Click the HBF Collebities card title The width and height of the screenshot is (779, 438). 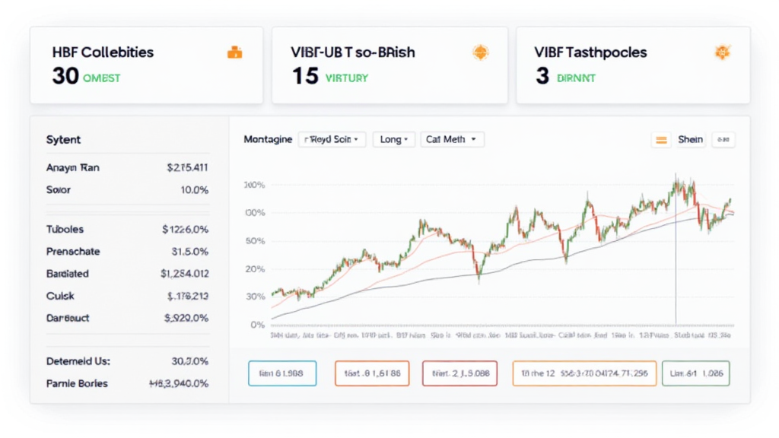[x=103, y=52]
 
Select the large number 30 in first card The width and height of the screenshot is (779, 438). [x=65, y=77]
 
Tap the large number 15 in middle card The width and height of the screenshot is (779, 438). [x=305, y=77]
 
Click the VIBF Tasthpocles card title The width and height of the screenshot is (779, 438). [x=590, y=52]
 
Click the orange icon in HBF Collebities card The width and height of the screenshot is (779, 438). [x=235, y=52]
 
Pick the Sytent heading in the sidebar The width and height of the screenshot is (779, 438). [x=63, y=140]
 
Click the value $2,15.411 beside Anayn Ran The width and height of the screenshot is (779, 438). [x=187, y=167]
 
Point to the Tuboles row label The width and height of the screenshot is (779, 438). [x=65, y=229]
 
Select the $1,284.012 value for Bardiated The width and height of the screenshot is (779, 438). [x=184, y=273]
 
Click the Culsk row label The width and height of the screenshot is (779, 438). [x=60, y=296]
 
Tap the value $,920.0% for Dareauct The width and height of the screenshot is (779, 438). [x=186, y=319]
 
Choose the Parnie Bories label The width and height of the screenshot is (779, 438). [x=77, y=383]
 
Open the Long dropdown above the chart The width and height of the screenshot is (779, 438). [x=394, y=140]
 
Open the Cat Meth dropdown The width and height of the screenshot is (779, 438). [x=452, y=140]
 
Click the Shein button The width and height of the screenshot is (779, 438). [x=690, y=140]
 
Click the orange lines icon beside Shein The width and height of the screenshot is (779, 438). [x=661, y=140]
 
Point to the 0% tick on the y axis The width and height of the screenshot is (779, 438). [x=256, y=325]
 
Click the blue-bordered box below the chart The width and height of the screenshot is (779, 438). [x=281, y=373]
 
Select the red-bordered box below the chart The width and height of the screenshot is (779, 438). [x=459, y=373]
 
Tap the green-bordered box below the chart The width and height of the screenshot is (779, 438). [x=695, y=373]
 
